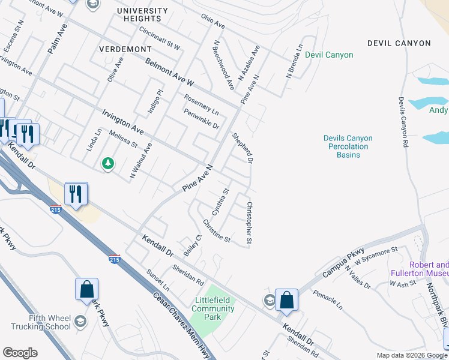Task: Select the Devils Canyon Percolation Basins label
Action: click(x=348, y=146)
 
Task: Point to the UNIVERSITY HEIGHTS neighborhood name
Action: click(x=143, y=15)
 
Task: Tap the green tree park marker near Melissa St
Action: click(x=107, y=163)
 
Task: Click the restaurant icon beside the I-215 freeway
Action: click(x=76, y=194)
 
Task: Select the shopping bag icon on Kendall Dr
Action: click(x=287, y=299)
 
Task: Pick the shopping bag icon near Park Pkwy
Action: click(x=86, y=288)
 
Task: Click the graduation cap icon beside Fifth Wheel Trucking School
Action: click(x=81, y=322)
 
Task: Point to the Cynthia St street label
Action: click(x=221, y=202)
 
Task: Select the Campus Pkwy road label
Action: click(x=343, y=259)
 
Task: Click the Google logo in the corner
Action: click(x=20, y=352)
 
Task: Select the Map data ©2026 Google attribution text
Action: click(x=411, y=355)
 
